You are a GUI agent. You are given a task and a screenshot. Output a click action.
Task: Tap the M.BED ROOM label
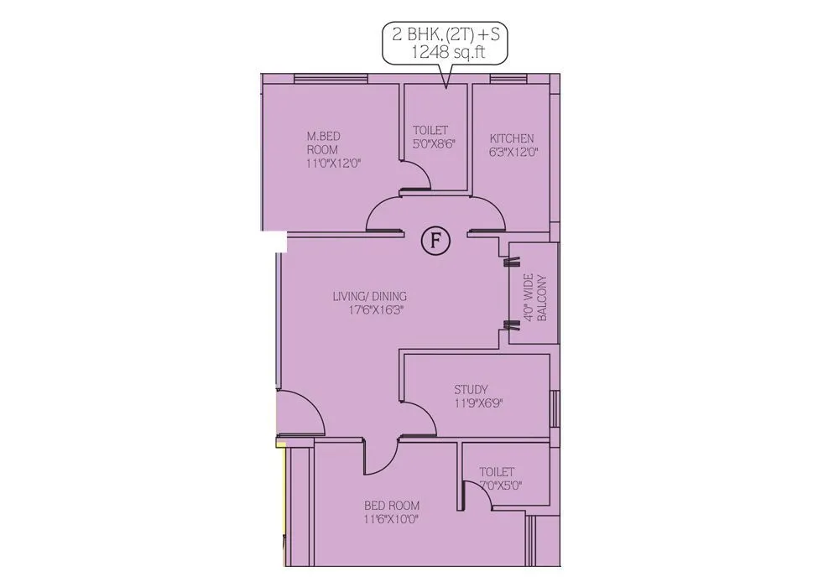click(x=323, y=143)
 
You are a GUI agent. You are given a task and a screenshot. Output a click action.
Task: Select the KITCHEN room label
click(x=512, y=138)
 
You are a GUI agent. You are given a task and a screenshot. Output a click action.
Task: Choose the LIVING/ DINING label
click(x=369, y=296)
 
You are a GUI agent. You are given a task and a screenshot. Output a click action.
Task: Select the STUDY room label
click(x=471, y=389)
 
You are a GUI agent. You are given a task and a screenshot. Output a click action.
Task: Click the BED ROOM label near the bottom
click(x=392, y=506)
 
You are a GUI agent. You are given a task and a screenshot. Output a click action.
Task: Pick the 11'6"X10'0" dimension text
click(x=392, y=519)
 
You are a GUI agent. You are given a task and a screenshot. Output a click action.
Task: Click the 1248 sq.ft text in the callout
click(x=446, y=53)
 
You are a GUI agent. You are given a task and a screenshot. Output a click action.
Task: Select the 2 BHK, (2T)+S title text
click(x=446, y=35)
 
